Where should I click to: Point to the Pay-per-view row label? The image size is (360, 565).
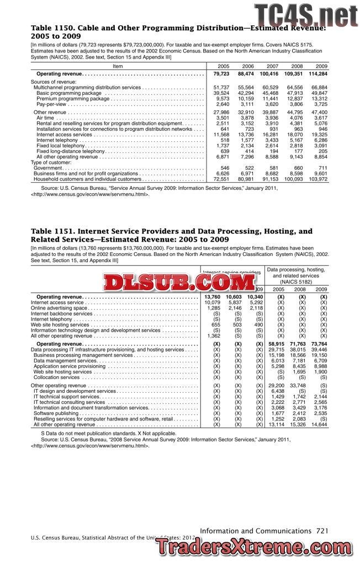click(x=50, y=104)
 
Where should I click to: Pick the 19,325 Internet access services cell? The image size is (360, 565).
click(x=319, y=135)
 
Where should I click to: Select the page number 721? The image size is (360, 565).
click(x=323, y=530)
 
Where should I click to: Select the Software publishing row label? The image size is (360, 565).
click(x=57, y=413)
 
